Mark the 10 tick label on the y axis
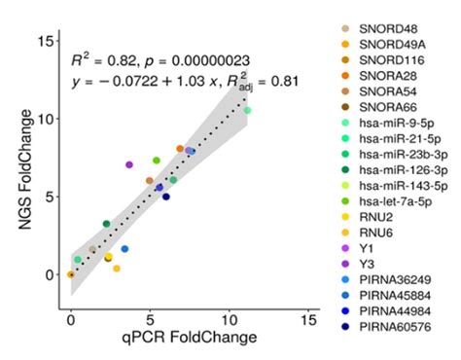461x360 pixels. (48, 118)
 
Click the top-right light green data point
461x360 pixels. (247, 111)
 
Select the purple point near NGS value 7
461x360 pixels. (129, 164)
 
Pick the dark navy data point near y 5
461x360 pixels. (166, 197)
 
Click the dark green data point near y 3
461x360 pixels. (107, 224)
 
